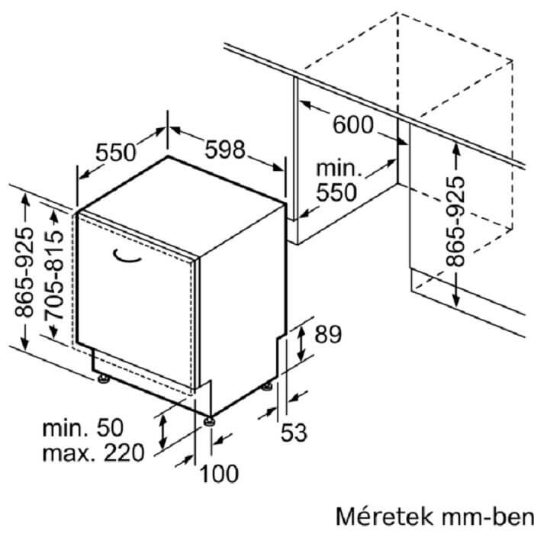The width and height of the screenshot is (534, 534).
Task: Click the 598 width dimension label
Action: point(225,150)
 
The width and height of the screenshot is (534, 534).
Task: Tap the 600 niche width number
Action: point(353,124)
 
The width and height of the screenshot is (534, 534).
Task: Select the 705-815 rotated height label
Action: point(54,276)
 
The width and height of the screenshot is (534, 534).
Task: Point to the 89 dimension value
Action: point(327,334)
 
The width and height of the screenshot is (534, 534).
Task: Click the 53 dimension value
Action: point(294,433)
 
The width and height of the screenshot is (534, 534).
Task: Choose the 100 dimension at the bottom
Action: point(219,474)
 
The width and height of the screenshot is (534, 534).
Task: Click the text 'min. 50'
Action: point(82,428)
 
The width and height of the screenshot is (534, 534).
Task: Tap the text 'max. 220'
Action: point(93,453)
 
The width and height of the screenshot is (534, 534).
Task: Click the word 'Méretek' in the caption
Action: point(384,516)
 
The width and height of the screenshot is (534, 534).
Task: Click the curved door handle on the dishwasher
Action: point(127,256)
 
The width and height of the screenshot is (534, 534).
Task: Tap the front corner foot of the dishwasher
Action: point(209,422)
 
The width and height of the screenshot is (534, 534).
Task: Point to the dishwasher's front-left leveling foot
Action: point(104,378)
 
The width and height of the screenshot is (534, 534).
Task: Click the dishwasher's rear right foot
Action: point(267,387)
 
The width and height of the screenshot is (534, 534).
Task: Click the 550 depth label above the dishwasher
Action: point(116,153)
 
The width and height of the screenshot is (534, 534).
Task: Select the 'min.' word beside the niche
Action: point(339,169)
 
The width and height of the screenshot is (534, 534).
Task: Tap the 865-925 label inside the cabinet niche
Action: point(455,221)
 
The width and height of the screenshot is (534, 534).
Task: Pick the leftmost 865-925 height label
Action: point(24,272)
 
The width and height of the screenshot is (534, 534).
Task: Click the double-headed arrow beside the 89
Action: point(301,343)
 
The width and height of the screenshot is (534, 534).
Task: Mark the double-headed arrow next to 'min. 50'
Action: point(163,432)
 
